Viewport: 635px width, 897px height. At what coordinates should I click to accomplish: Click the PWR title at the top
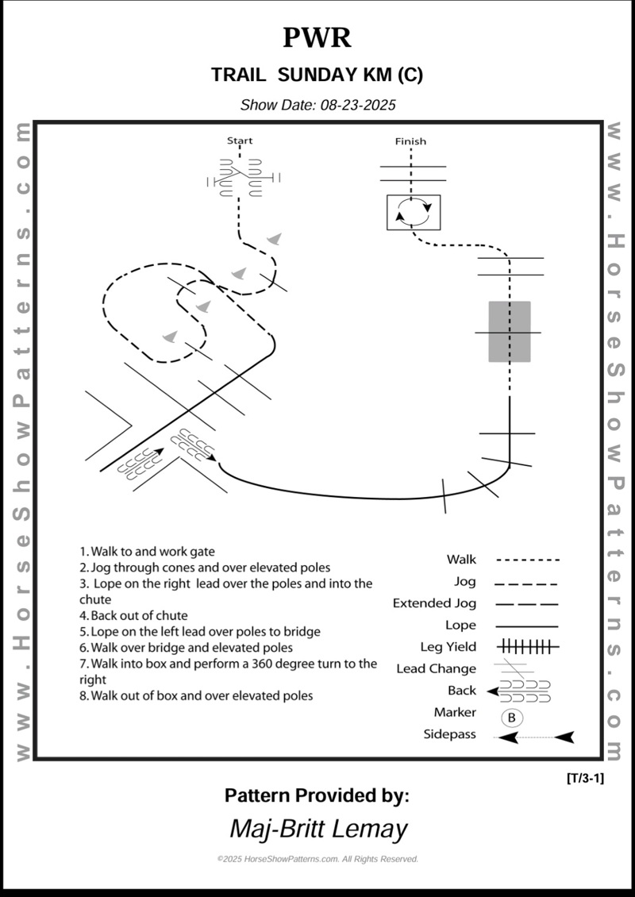(x=317, y=37)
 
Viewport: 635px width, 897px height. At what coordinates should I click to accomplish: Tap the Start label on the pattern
(x=240, y=141)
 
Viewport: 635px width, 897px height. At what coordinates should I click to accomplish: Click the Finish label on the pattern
(x=410, y=141)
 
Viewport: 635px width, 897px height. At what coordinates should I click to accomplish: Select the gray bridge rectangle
(x=509, y=332)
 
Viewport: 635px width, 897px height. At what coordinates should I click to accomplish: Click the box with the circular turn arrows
(x=414, y=212)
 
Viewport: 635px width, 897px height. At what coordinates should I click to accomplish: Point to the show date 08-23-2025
(x=317, y=105)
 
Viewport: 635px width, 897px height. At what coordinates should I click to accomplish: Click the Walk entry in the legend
(x=461, y=560)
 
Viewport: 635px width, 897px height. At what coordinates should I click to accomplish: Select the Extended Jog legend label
(x=434, y=603)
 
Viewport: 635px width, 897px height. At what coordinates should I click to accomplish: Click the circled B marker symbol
(x=511, y=718)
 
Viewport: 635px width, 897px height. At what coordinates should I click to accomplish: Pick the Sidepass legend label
(x=449, y=734)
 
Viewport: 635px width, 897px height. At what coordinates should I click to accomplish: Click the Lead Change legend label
(x=436, y=669)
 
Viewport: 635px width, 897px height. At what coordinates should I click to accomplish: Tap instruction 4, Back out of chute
(x=133, y=615)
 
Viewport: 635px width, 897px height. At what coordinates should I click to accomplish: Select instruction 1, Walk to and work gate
(x=147, y=551)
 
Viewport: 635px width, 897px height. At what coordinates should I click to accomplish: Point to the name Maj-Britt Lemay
(x=317, y=829)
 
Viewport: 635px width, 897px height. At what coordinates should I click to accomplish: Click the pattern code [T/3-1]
(x=585, y=778)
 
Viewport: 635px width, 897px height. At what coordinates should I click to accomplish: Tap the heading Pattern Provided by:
(x=317, y=795)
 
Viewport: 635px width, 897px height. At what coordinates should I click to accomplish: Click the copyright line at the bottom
(x=317, y=859)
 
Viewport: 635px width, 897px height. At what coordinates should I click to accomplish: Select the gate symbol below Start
(x=240, y=179)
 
